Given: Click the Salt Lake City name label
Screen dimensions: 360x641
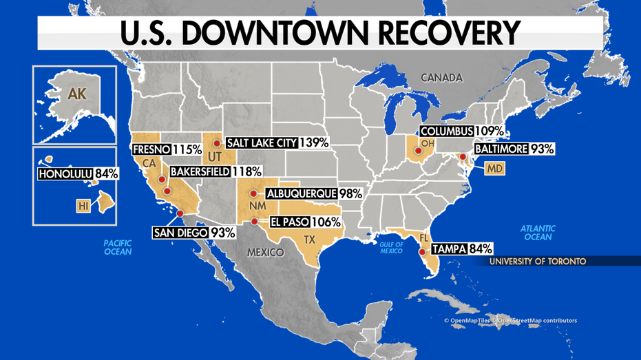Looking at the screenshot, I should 262,142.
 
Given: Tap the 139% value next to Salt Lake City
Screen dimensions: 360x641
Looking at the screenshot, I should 313,142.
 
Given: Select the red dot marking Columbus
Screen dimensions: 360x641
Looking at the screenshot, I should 418,149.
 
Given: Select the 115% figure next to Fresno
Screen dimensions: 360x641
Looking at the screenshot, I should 187,149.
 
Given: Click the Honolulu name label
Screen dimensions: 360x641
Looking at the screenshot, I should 63,173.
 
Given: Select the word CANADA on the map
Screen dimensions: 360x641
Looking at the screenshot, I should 441,78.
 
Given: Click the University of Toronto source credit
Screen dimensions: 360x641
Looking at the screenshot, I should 528,262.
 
